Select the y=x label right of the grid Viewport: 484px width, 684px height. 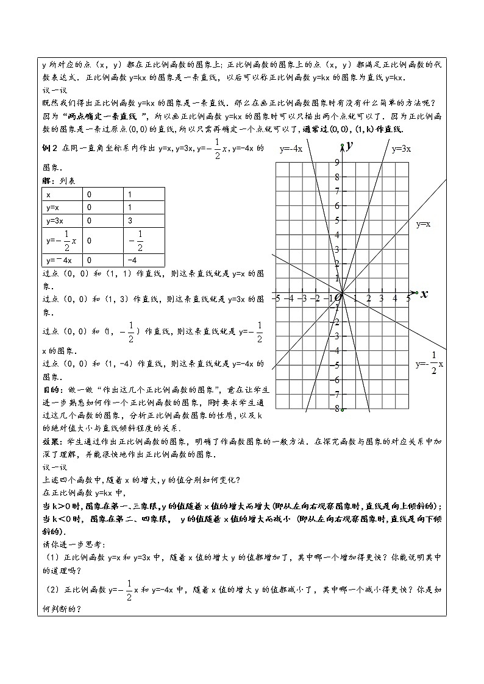(x=423, y=224)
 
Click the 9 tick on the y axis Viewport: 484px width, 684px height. (x=336, y=162)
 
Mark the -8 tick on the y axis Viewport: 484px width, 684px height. (x=336, y=408)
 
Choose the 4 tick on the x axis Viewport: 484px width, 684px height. (x=395, y=298)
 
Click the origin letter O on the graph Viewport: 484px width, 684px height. (x=336, y=298)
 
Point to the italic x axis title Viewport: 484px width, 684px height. (x=424, y=294)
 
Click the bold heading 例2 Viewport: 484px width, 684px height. (x=49, y=148)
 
